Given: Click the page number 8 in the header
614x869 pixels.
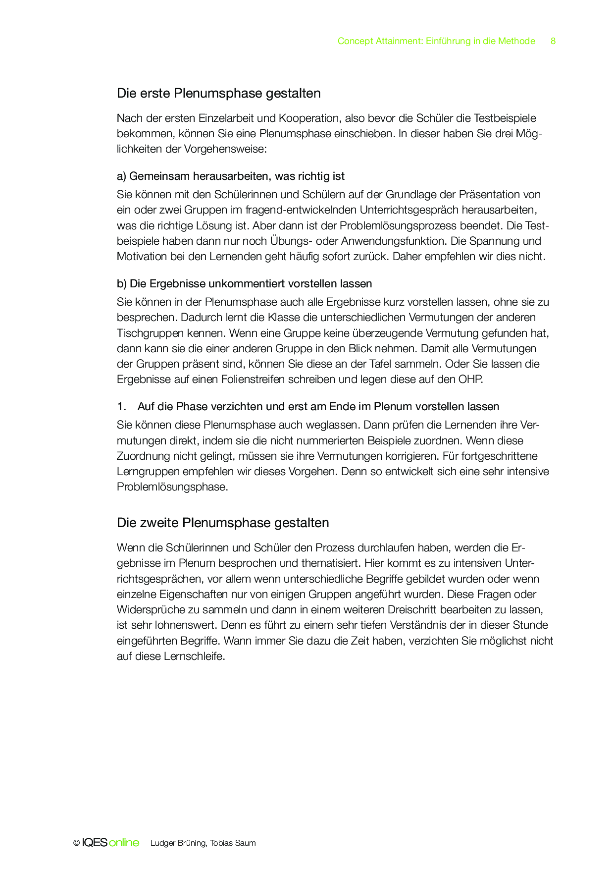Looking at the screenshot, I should point(553,41).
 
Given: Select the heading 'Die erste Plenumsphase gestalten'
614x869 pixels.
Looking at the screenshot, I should point(218,93).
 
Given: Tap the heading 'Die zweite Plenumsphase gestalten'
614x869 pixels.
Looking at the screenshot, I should point(223,523).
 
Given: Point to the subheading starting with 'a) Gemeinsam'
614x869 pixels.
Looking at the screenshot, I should point(230,176).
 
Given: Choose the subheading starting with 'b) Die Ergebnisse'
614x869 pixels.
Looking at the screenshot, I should point(244,284).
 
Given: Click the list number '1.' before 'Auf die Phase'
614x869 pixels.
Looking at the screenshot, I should point(122,407).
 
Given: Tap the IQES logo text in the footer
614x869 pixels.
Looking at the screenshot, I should point(95,843).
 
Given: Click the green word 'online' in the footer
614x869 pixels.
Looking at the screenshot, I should point(124,843).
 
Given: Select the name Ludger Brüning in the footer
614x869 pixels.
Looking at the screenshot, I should point(178,843).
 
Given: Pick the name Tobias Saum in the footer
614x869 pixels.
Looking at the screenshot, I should point(233,843).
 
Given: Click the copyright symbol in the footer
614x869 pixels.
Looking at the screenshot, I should point(76,843).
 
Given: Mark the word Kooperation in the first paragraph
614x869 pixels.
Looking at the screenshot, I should point(309,118).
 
